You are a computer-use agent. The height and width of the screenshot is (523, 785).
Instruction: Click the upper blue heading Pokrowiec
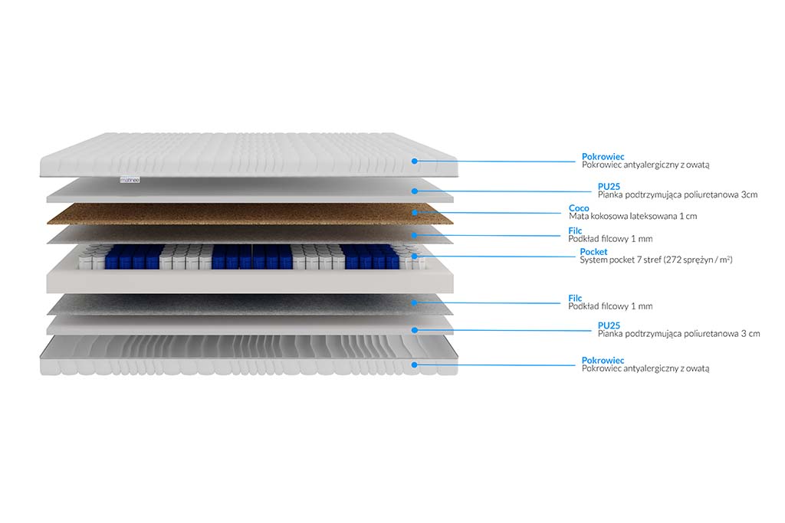[x=603, y=157]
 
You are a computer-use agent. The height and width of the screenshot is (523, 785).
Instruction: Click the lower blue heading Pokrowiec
[x=603, y=361]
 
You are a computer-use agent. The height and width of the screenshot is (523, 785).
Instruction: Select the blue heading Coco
[x=579, y=208]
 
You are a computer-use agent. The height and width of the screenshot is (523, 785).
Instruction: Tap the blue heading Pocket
[x=593, y=252]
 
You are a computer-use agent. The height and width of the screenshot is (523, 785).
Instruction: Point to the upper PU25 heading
[x=609, y=187]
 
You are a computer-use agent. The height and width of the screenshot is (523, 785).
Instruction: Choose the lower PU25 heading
[x=609, y=325]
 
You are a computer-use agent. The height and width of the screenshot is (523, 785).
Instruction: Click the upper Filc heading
[x=575, y=230]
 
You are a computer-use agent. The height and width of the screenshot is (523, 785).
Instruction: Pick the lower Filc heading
[x=575, y=298]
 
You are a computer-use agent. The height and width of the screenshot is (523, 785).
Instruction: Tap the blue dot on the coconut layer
[x=415, y=213]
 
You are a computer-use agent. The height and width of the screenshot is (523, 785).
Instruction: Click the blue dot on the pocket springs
[x=415, y=257]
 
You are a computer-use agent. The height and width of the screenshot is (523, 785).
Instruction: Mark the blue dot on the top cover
[x=415, y=161]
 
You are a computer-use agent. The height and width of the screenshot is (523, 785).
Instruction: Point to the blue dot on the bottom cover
[x=415, y=364]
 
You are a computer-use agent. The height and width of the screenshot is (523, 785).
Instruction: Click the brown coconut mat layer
[x=250, y=214]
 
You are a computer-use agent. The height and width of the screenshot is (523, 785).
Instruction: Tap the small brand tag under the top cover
[x=130, y=179]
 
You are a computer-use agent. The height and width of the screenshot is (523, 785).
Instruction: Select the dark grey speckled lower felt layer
[x=250, y=304]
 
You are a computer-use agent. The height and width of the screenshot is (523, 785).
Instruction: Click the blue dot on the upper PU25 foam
[x=415, y=191]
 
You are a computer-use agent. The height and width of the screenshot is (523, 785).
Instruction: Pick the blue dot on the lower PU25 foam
[x=415, y=330]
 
